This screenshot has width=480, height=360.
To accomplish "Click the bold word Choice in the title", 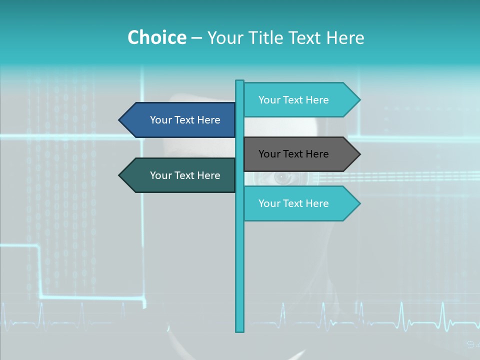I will [x=157, y=37].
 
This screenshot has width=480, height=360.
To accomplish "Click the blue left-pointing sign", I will [x=180, y=120].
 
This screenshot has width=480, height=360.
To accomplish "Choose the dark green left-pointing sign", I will [x=180, y=175].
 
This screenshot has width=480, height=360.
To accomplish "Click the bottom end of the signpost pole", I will [x=239, y=330].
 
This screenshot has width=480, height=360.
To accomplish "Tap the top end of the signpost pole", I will [x=239, y=81].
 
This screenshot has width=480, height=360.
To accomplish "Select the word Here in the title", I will [x=345, y=37].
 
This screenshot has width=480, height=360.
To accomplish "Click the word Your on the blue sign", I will [x=160, y=120].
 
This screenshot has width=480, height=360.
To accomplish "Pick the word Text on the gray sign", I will [x=293, y=154].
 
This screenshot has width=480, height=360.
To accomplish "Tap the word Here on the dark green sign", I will [x=208, y=175].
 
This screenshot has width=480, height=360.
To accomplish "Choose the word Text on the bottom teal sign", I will [x=293, y=203].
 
